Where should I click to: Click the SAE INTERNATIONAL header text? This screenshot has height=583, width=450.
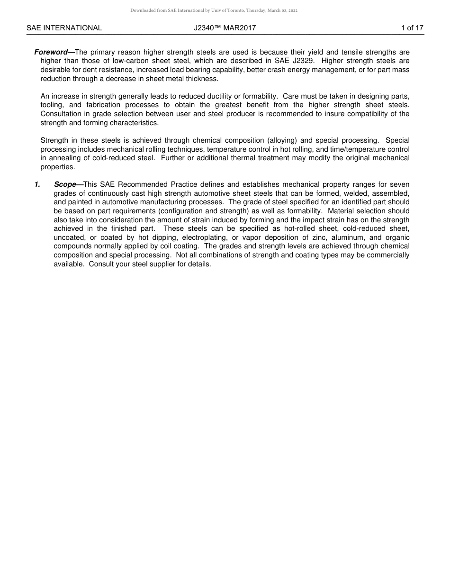pyautogui.click(x=64, y=28)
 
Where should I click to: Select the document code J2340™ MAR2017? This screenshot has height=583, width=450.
pyautogui.click(x=225, y=28)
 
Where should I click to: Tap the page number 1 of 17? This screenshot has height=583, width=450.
pyautogui.click(x=412, y=28)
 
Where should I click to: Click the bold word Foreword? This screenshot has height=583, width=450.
pyautogui.click(x=51, y=52)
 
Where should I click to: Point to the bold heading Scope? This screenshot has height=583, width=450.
pyautogui.click(x=65, y=184)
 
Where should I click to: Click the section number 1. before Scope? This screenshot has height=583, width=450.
pyautogui.click(x=37, y=184)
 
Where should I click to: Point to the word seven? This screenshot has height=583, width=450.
pyautogui.click(x=400, y=184)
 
